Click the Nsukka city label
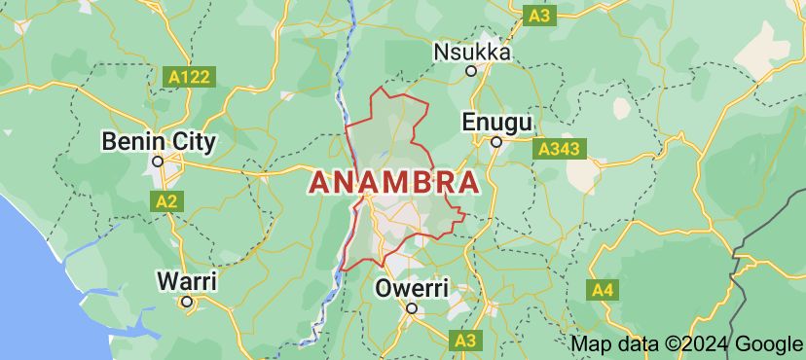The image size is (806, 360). coord(472,52)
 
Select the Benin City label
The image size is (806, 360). coord(159,142)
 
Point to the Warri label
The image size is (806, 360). coord(187,281)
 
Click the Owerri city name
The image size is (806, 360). coord(412,289)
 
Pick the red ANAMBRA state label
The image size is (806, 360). coord(394,183)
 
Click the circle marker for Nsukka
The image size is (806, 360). coord(471,70)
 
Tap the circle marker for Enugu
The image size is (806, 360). coord(495,142)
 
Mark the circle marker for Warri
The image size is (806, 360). coord(187,302)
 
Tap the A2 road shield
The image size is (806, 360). coord(167,200)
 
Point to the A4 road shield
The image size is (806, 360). coord(603,289)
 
